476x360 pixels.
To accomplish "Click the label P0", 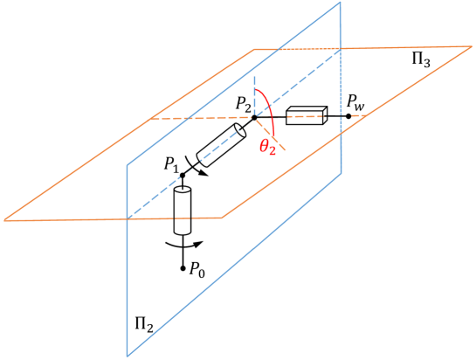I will [x=198, y=269].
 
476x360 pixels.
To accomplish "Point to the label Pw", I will [x=355, y=104].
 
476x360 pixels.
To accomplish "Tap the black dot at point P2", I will [x=254, y=116].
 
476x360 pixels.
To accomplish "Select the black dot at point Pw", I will [x=348, y=115].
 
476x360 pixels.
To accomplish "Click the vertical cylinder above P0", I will [x=183, y=211].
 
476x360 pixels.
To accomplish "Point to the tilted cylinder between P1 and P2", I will [x=221, y=144].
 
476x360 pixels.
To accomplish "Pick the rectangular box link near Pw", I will [x=306, y=114].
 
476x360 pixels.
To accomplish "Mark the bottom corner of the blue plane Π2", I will [x=128, y=356].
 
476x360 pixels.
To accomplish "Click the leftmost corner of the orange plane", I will [x=4, y=219].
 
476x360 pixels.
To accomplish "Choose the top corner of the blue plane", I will [x=339, y=3].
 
